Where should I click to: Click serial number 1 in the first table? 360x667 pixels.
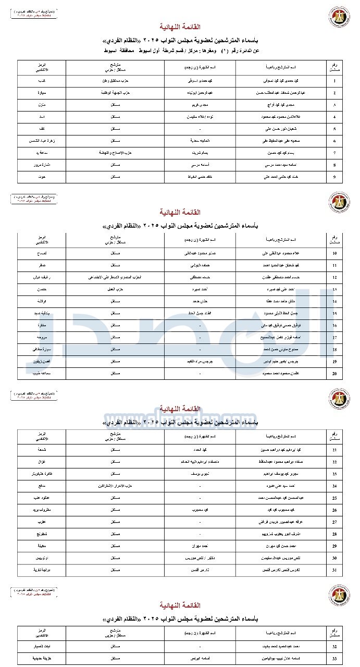point(334,81)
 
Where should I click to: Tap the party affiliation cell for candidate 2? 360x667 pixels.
point(115,93)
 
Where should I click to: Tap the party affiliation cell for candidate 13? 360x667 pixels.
point(115,289)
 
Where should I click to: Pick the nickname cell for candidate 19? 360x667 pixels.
point(200,361)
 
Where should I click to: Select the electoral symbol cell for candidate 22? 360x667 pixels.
point(42,462)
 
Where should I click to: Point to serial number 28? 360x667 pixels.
point(334,534)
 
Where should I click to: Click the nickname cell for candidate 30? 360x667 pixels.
point(200,558)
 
